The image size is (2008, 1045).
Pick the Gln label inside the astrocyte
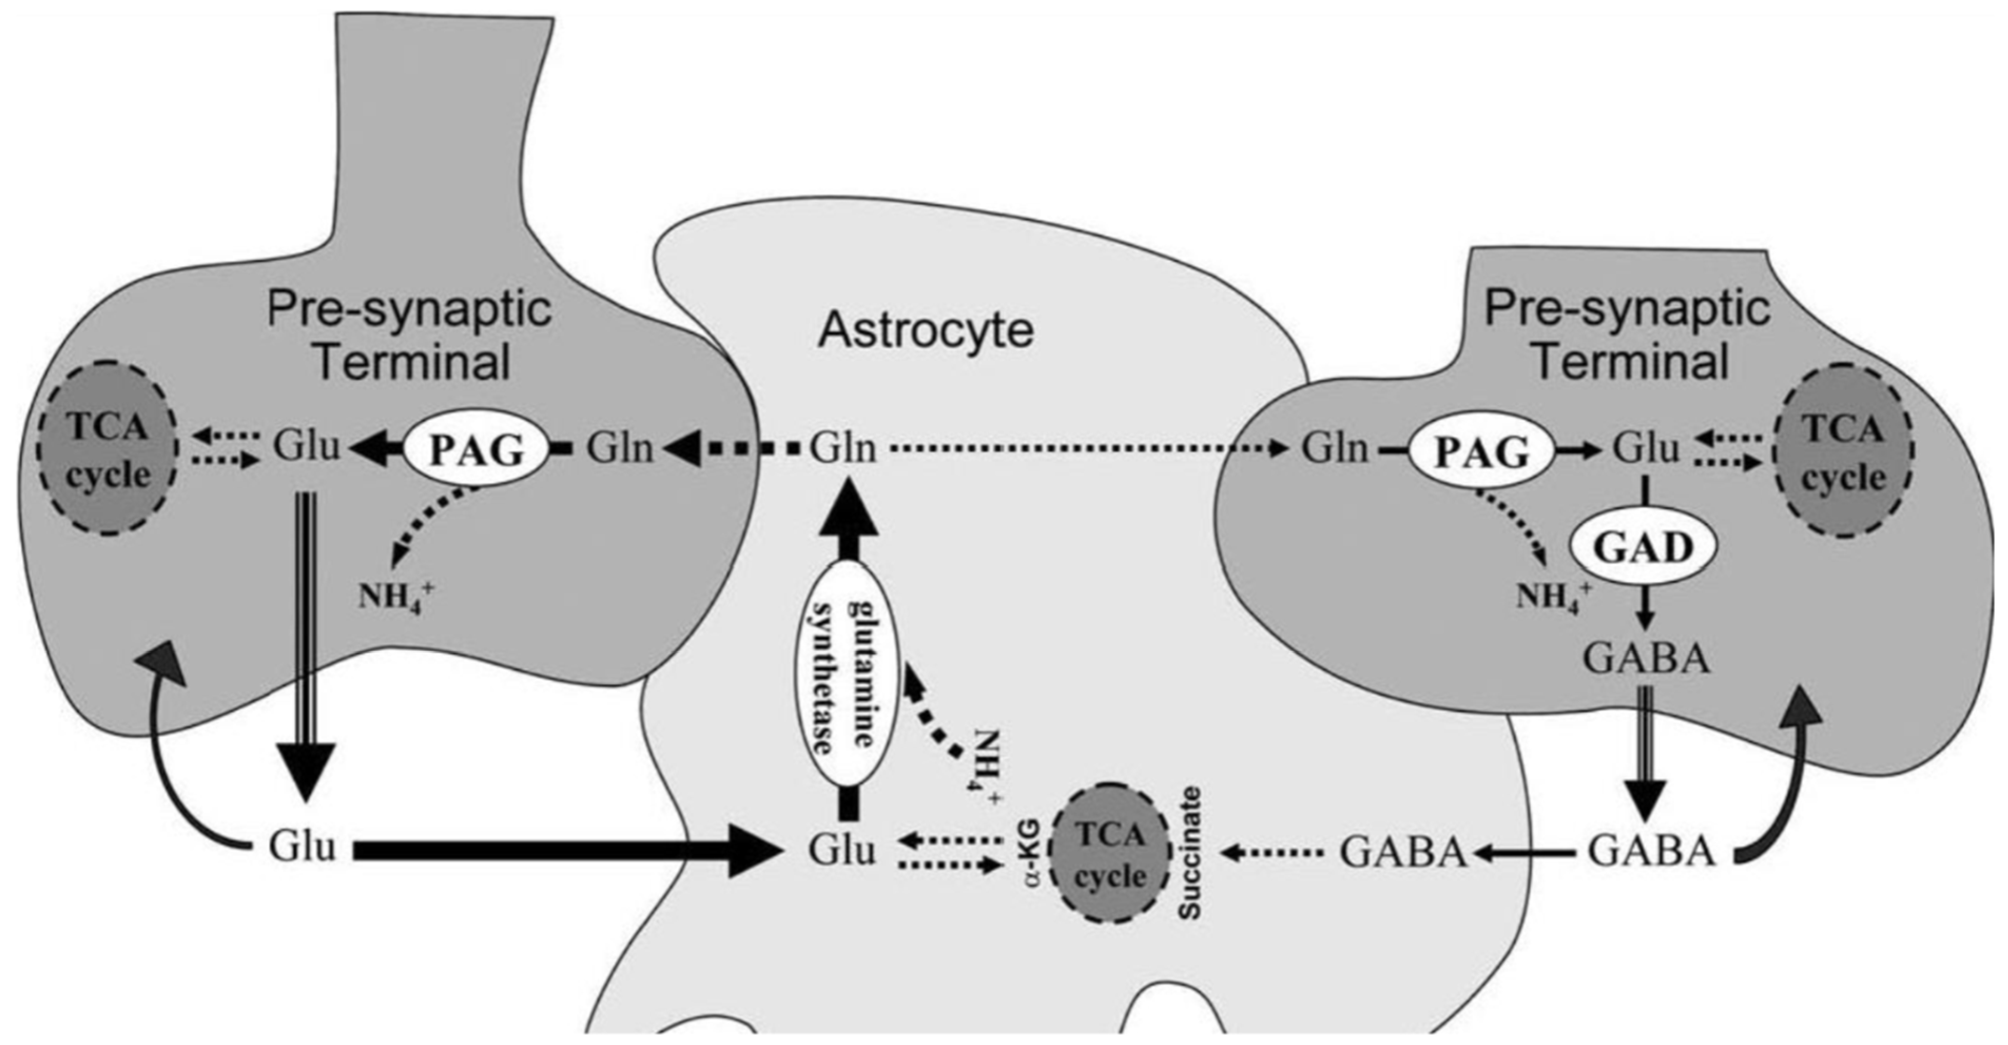point(843,450)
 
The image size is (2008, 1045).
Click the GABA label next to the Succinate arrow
point(1403,853)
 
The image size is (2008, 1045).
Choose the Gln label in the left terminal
point(620,450)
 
